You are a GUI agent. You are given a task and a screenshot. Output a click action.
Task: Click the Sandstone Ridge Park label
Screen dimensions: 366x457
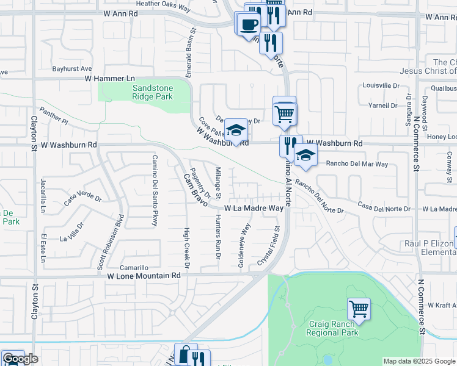tap(153, 92)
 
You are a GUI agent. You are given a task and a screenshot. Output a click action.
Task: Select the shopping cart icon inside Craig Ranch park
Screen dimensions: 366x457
tap(359, 308)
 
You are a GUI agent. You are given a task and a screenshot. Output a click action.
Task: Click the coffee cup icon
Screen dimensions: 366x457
tap(248, 24)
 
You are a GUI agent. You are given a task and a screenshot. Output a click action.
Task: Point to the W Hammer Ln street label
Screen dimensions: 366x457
tap(109, 79)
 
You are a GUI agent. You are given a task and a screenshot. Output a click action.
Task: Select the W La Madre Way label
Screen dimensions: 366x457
tap(254, 208)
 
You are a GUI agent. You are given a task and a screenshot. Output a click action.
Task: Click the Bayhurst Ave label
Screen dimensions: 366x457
tap(71, 69)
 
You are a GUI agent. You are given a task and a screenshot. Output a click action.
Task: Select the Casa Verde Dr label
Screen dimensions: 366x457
tap(82, 198)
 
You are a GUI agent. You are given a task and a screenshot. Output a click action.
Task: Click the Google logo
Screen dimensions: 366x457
tap(20, 359)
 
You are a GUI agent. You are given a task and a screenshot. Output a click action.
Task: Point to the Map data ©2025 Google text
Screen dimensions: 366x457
tap(419, 361)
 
